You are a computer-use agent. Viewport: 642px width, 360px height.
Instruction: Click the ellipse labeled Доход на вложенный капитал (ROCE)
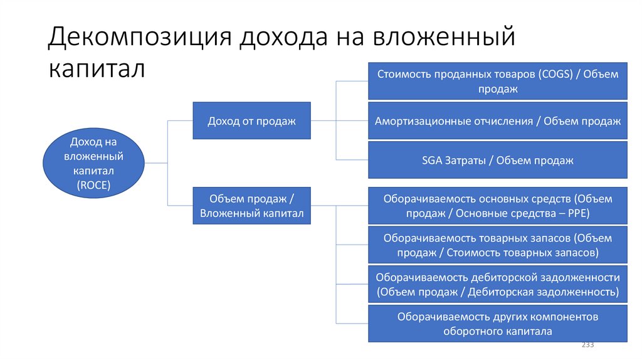[93, 163]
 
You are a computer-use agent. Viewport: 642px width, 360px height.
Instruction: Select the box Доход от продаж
[251, 120]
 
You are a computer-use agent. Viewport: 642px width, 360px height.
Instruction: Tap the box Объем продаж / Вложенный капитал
[251, 206]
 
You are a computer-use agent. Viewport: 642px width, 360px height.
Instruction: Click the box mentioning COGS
[497, 82]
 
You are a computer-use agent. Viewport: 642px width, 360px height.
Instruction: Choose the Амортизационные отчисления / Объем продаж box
[497, 121]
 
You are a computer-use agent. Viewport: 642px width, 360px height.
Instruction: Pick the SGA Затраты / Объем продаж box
[497, 160]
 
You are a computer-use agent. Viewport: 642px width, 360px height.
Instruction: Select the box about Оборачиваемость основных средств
[497, 206]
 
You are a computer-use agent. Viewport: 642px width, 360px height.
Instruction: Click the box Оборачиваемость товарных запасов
[497, 245]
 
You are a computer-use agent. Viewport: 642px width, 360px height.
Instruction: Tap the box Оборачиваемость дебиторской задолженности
[497, 284]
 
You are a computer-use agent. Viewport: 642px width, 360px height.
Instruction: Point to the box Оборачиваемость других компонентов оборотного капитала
[497, 324]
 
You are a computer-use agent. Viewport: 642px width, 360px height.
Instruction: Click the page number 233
[588, 346]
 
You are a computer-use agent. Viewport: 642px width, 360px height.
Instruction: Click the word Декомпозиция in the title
[139, 38]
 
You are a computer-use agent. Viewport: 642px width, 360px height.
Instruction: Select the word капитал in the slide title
[97, 69]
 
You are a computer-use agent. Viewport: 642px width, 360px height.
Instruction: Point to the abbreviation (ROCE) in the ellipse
[93, 184]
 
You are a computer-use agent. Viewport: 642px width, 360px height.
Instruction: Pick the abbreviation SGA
[433, 160]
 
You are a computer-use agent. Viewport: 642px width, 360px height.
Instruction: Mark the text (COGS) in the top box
[554, 74]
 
